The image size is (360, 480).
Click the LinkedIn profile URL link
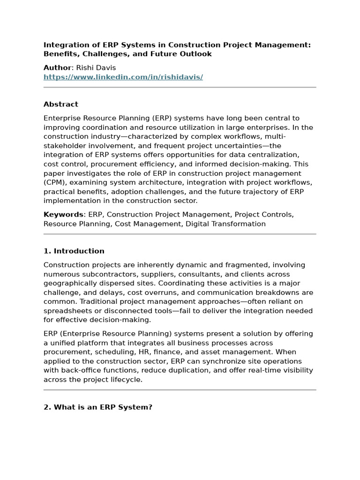pos(123,77)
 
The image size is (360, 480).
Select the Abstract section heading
pos(61,104)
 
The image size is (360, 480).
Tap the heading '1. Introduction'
pos(74,251)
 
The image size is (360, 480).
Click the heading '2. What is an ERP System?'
pos(98,407)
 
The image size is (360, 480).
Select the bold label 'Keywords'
pos(63,214)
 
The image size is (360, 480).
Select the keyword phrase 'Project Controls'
pos(264,214)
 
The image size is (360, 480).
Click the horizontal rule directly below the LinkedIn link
pos(180,87)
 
